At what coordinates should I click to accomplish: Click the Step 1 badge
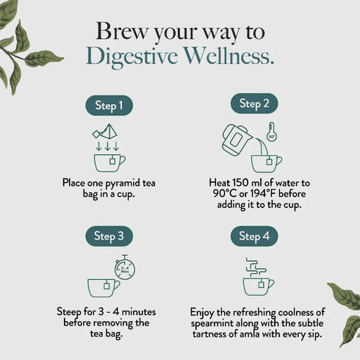coord(109,106)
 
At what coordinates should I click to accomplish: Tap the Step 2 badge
coord(254,104)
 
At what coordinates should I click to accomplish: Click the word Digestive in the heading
coord(129,57)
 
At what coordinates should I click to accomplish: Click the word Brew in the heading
coord(117,32)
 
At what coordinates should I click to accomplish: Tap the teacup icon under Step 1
coord(109,162)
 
